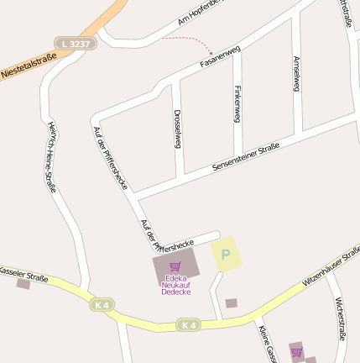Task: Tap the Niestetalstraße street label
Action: click(29, 65)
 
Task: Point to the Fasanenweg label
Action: click(221, 56)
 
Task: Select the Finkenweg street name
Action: click(238, 103)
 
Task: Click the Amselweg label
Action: click(296, 73)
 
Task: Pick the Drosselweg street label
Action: click(177, 127)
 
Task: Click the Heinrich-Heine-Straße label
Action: click(52, 155)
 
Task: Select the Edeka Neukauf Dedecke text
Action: click(175, 285)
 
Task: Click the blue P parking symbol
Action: click(224, 254)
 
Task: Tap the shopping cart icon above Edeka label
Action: click(175, 266)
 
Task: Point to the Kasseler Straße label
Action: click(23, 274)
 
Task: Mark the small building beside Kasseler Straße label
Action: click(23, 284)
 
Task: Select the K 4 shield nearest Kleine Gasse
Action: click(189, 324)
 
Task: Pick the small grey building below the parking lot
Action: click(232, 302)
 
